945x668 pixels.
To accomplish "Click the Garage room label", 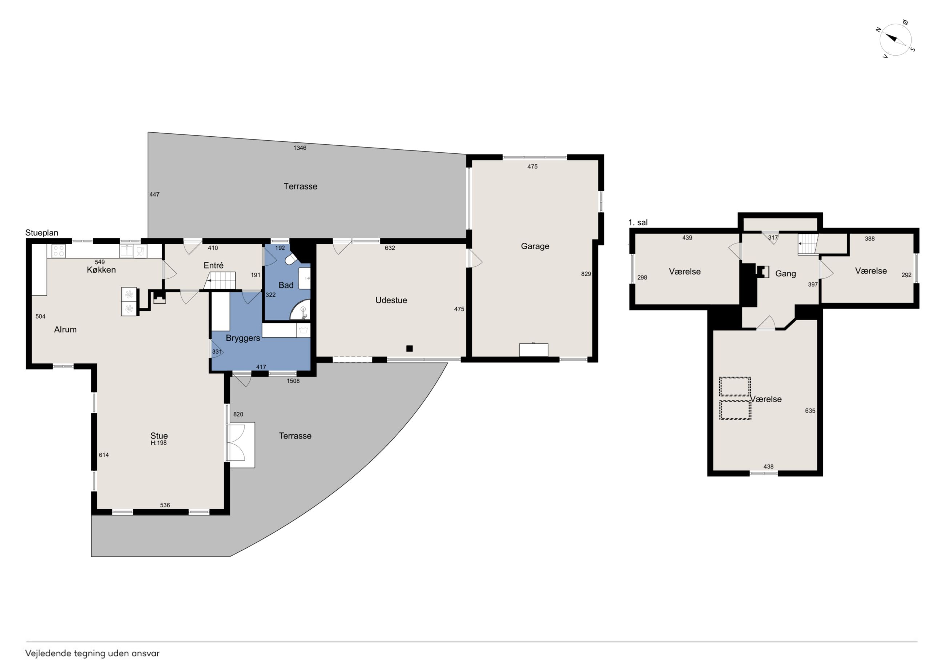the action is point(535,246).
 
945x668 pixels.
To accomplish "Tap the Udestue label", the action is point(391,301).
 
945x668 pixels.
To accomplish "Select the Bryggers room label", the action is point(243,338).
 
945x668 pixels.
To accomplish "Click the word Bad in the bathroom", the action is point(286,285).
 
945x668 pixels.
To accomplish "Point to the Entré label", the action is point(214,265).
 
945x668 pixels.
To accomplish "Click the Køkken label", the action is point(101,270).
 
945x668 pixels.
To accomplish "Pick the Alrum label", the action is point(65,329).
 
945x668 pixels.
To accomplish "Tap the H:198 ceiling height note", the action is point(159,443).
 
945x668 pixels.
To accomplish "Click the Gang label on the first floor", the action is point(785,274).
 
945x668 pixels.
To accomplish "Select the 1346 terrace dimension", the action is point(299,148).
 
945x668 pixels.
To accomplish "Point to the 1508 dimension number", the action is point(293,381).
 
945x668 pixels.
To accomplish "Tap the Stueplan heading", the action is point(41,233).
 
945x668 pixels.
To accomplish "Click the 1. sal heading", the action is point(638,223).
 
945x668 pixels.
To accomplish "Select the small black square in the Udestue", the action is point(409,349).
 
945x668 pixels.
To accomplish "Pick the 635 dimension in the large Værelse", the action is point(810,411).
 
